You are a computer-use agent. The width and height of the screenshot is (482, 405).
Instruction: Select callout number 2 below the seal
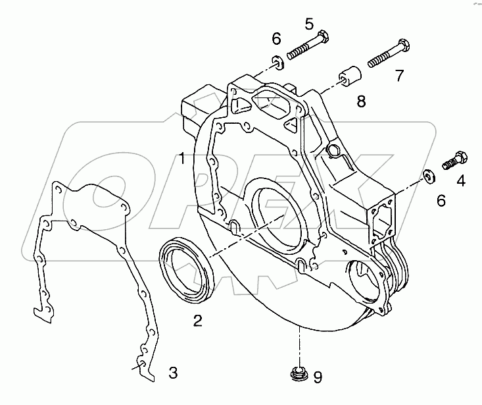[197, 321]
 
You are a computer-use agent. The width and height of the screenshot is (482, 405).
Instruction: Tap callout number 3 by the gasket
[172, 373]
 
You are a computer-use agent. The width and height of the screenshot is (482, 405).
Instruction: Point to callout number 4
[461, 180]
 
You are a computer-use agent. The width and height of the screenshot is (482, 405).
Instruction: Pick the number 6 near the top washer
[276, 39]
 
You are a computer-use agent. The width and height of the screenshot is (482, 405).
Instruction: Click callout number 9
[317, 377]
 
